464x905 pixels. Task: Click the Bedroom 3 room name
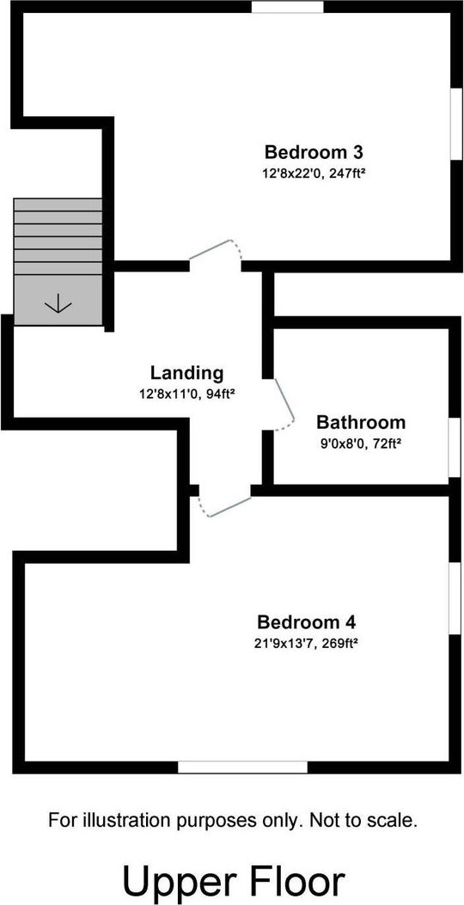[x=314, y=153]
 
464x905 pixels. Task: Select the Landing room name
[x=186, y=373]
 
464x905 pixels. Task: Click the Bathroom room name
[x=361, y=423]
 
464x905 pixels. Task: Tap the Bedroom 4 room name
[x=307, y=623]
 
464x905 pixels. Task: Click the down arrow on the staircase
[x=58, y=303]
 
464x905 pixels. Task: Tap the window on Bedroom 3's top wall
[x=287, y=7]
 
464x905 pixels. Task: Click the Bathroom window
[x=456, y=447]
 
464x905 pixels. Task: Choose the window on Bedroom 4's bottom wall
[x=242, y=767]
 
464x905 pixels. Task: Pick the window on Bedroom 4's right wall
[x=456, y=598]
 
